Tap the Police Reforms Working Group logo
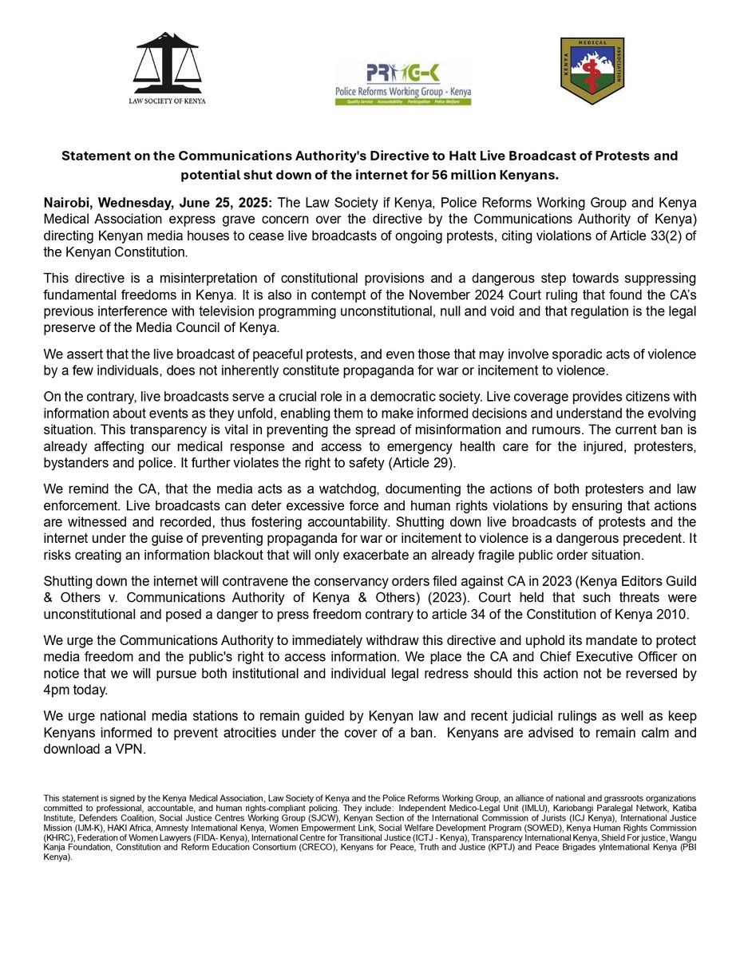point(403,83)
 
